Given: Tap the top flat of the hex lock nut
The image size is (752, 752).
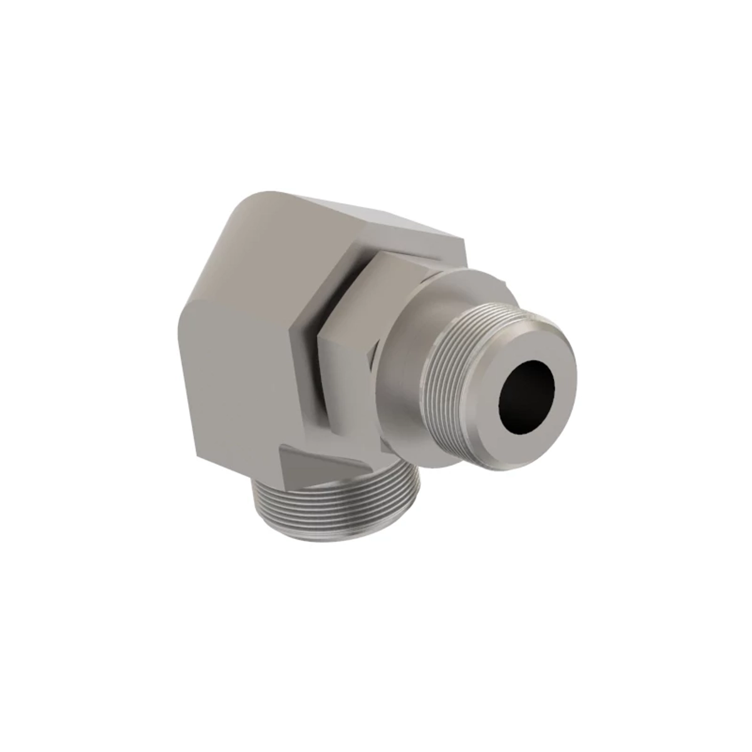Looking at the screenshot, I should (x=401, y=266).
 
